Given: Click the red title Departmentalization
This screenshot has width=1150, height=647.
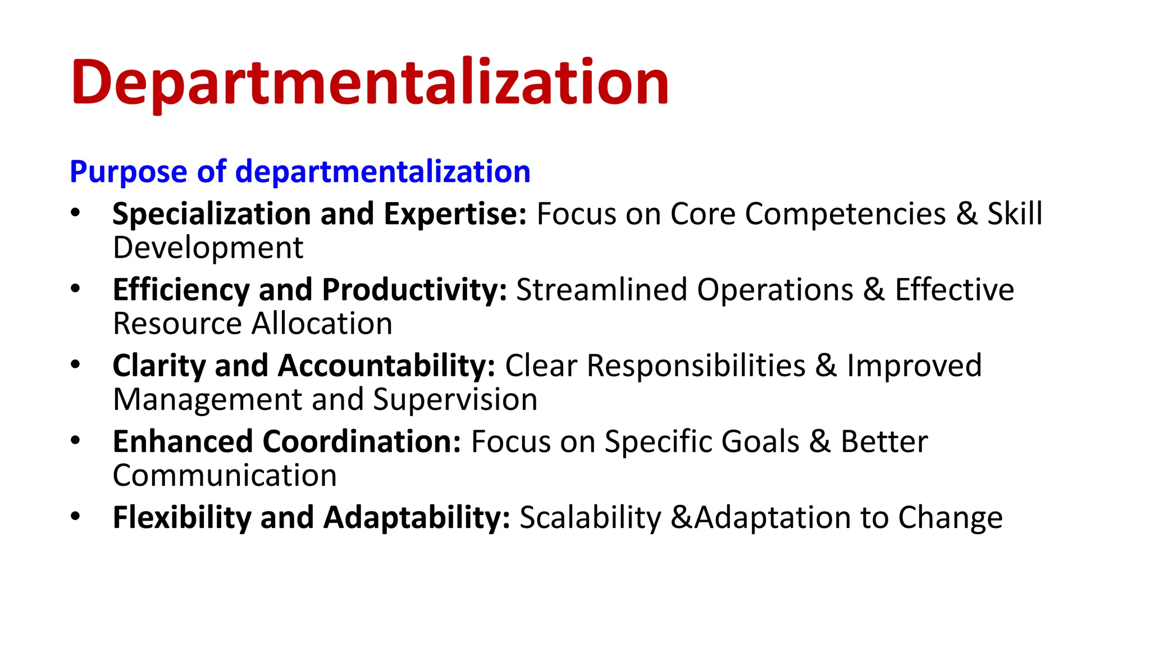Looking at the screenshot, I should [x=369, y=83].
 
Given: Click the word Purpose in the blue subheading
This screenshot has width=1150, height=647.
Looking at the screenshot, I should [x=128, y=172].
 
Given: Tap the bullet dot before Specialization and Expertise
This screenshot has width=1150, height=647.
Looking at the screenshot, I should [x=75, y=213].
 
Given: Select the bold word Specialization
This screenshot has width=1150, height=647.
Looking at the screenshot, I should [x=212, y=215].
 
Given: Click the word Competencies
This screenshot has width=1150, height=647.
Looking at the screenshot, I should [x=845, y=215].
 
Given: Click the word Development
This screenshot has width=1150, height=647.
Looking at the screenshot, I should [x=208, y=248].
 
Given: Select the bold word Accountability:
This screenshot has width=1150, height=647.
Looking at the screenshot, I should [x=386, y=366].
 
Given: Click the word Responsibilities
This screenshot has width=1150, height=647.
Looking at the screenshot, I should [x=696, y=366].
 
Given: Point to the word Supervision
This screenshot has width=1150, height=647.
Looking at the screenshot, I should [x=455, y=400].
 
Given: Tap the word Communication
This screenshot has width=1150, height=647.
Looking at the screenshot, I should [x=225, y=476].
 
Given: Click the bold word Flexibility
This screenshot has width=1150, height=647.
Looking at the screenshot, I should [x=182, y=518].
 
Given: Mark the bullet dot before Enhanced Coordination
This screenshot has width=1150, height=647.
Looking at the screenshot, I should [x=75, y=440].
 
